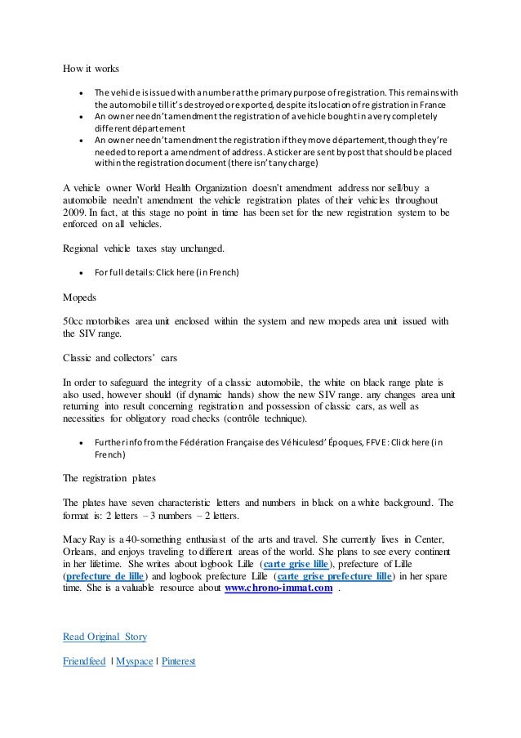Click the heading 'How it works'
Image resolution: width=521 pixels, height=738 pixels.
[x=91, y=69]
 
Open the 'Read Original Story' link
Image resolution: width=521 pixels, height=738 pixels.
[x=105, y=636]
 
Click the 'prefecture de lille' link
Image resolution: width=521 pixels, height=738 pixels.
[x=109, y=575]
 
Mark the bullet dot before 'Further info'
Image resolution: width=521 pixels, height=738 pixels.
[x=79, y=443]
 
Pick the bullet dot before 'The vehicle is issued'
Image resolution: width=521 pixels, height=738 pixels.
[x=79, y=93]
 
